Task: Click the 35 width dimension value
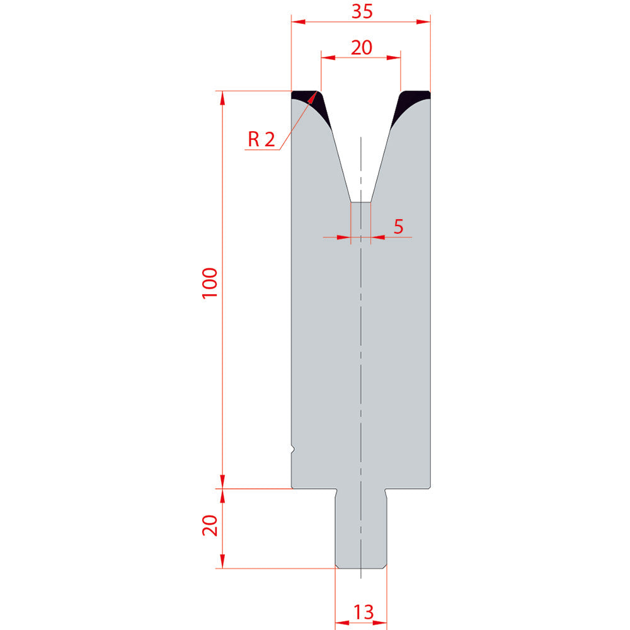362,11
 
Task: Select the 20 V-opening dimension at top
362,47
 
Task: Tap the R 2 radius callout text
261,139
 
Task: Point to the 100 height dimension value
210,282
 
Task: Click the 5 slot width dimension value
398,227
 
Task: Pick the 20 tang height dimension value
210,525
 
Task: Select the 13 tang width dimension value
364,612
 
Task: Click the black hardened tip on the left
311,105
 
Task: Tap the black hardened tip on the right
410,105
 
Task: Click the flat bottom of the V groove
361,202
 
